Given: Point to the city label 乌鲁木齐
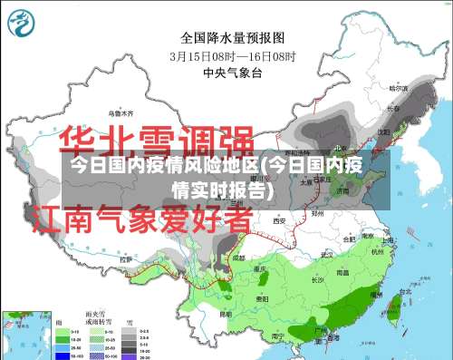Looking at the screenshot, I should click(x=120, y=113).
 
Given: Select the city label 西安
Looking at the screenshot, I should click(x=279, y=220).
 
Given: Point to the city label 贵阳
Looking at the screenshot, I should click(x=262, y=297).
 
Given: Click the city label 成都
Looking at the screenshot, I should click(x=237, y=258).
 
